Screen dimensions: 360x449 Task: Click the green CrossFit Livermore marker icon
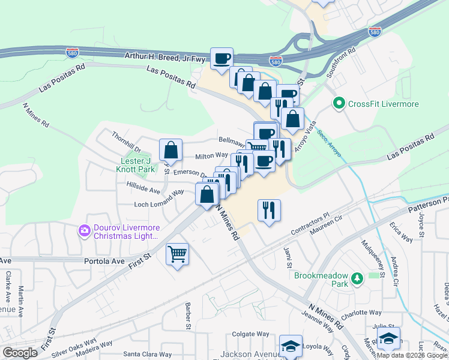coord(339,104)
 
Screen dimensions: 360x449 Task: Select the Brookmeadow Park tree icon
coord(358,278)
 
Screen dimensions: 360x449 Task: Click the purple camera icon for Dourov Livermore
coord(84,230)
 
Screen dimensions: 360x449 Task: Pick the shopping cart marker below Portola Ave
coord(177,254)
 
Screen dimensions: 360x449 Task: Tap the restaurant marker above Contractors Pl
coord(270,210)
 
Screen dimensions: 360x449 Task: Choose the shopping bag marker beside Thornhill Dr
coord(170,150)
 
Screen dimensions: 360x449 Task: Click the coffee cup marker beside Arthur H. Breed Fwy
coord(221,58)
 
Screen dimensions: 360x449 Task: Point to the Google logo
coord(20,353)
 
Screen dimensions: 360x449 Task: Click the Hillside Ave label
coord(143,190)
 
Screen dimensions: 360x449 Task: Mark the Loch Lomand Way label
coord(158,199)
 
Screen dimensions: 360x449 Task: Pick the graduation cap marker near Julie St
coord(389,338)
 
